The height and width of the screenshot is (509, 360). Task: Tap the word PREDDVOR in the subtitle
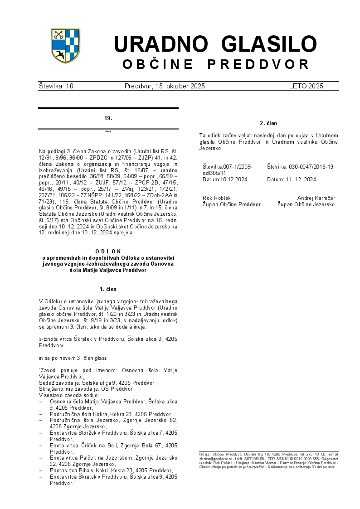tap(258, 64)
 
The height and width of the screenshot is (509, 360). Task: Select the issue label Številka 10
tap(56, 86)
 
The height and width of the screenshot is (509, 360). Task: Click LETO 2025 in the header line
tap(306, 86)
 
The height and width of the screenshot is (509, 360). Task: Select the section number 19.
tap(108, 118)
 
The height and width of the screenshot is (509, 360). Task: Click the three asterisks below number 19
tap(108, 132)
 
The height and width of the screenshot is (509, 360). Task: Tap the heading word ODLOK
tap(108, 251)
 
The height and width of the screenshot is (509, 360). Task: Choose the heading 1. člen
tap(108, 289)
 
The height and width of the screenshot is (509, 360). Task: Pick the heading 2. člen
tap(268, 123)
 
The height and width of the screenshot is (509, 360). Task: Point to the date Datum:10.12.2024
tap(225, 179)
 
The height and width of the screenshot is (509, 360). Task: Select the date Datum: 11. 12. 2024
tap(292, 179)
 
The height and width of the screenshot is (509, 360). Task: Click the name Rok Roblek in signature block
tap(217, 198)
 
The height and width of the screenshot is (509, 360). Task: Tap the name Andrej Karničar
tap(316, 198)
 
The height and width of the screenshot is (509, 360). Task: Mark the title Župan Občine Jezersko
tap(306, 204)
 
